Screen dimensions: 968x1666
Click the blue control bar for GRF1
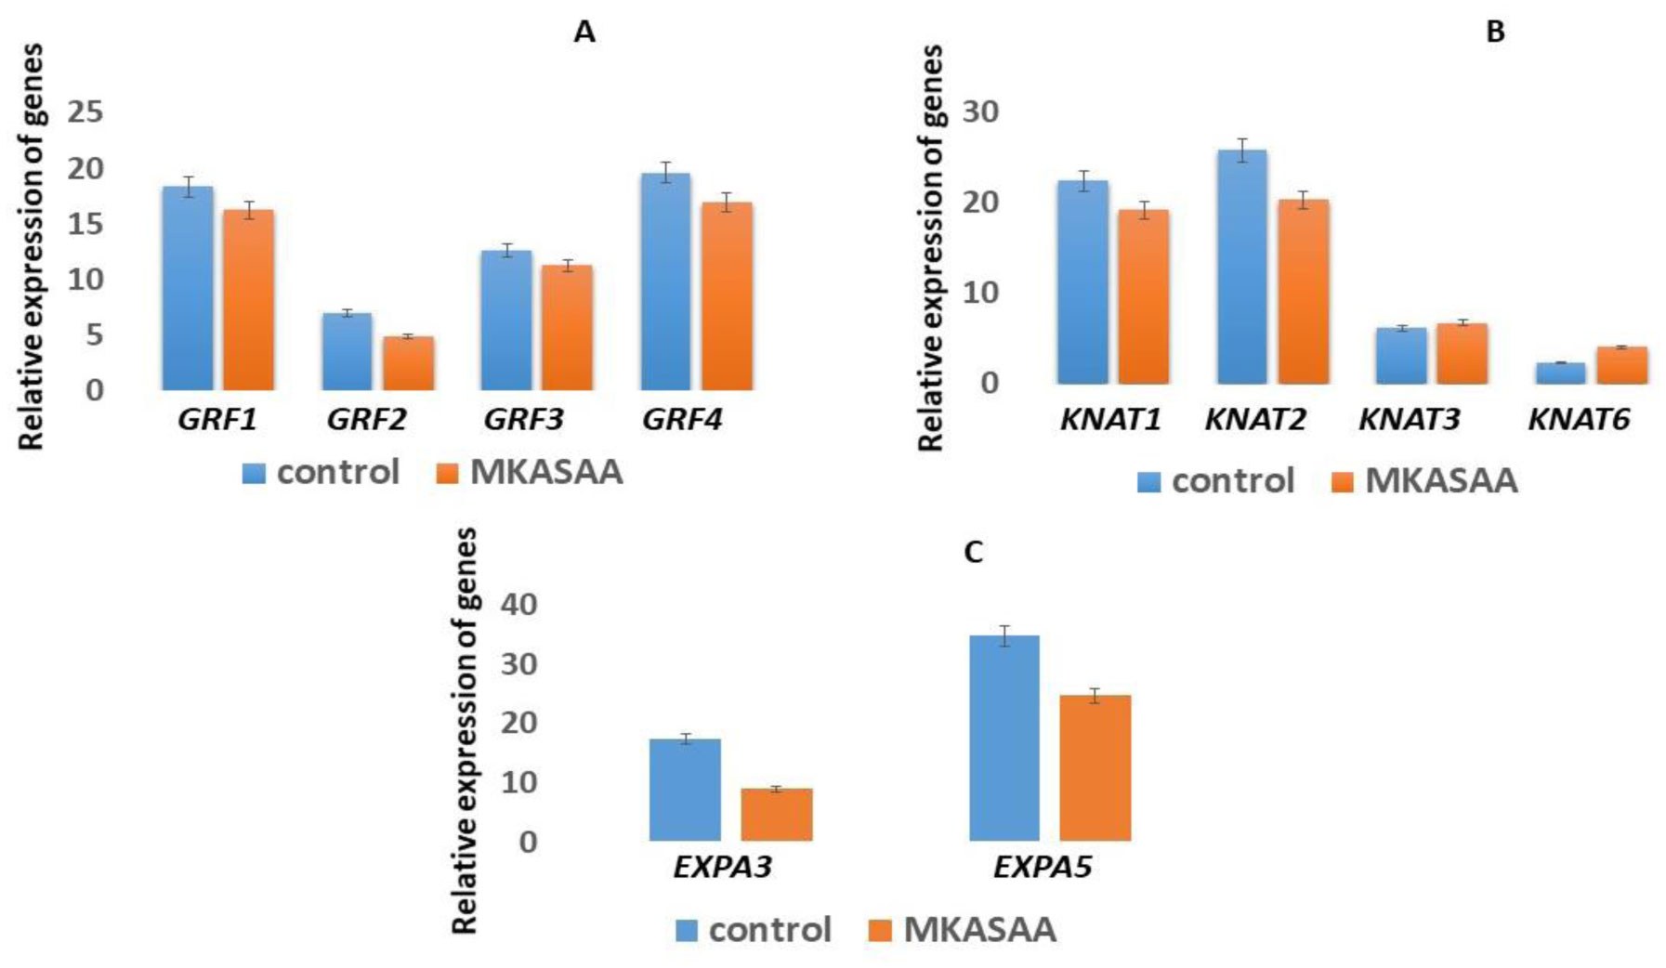pyautogui.click(x=188, y=288)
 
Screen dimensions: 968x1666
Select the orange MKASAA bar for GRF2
pyautogui.click(x=408, y=363)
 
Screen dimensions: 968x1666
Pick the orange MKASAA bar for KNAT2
pyautogui.click(x=1303, y=292)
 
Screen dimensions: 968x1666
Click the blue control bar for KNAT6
pyautogui.click(x=1560, y=373)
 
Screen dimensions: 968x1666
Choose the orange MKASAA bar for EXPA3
pyautogui.click(x=776, y=815)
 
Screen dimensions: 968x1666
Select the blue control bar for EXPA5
pyautogui.click(x=1004, y=739)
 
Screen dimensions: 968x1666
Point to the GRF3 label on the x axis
pyautogui.click(x=523, y=420)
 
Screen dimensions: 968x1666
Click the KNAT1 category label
pyautogui.click(x=1110, y=420)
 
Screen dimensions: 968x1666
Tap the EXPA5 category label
pyautogui.click(x=1042, y=868)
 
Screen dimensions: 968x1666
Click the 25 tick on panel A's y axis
pyautogui.click(x=85, y=112)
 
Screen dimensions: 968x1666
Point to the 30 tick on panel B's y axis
pyautogui.click(x=980, y=111)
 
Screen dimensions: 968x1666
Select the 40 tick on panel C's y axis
pyautogui.click(x=518, y=605)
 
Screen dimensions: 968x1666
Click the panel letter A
pyautogui.click(x=584, y=33)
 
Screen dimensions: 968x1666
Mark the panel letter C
pyautogui.click(x=973, y=553)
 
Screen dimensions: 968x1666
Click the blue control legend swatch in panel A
pyautogui.click(x=254, y=473)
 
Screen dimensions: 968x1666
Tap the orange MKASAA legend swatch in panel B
pyautogui.click(x=1342, y=482)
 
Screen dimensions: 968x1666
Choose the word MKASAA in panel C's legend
pyautogui.click(x=979, y=930)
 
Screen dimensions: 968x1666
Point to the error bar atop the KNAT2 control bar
pyautogui.click(x=1241, y=150)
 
